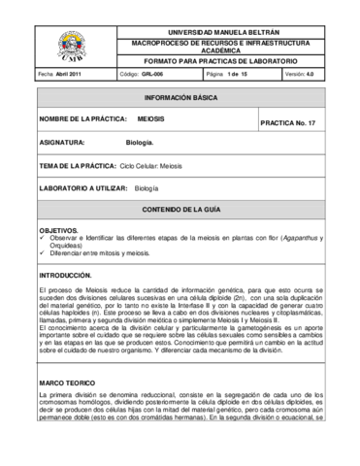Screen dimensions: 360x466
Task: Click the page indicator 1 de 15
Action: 233,75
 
